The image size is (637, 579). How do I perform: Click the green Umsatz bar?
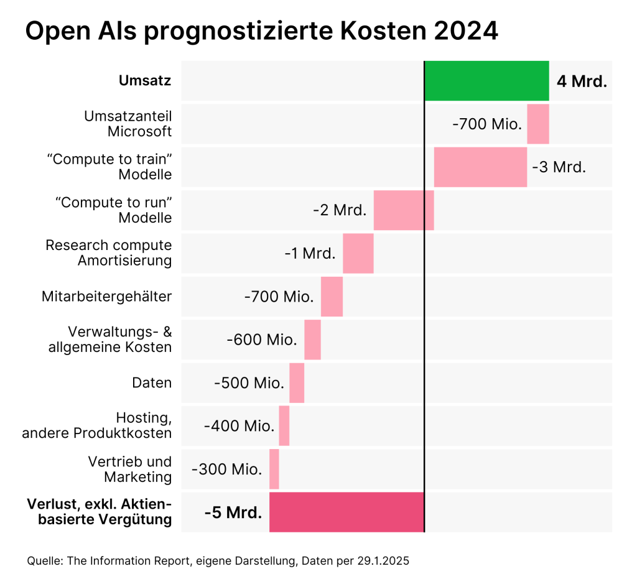point(486,81)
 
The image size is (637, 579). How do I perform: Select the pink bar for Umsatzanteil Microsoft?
point(538,124)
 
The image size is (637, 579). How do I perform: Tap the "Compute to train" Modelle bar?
point(480,167)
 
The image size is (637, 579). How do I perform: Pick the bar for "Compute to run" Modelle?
point(404,211)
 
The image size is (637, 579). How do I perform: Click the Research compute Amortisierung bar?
point(358,254)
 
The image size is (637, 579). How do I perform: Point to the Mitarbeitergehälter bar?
point(332,297)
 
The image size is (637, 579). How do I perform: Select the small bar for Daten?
point(297,383)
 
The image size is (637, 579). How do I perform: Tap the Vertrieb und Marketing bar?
point(274,470)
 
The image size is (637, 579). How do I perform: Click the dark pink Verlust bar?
point(346,512)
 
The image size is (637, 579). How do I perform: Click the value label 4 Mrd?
point(582,81)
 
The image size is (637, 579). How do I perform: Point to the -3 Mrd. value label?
point(559,167)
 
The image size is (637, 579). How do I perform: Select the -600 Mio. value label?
point(262,340)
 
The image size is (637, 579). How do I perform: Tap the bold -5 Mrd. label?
point(233,513)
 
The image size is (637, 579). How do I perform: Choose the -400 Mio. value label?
point(239,426)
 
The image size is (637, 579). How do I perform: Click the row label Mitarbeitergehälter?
point(107,297)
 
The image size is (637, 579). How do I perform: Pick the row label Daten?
point(152,383)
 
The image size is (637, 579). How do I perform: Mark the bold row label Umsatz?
point(145,81)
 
